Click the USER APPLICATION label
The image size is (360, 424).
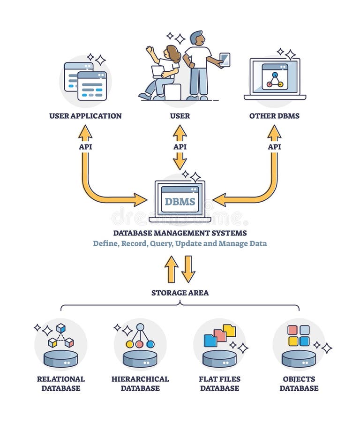click(x=85, y=116)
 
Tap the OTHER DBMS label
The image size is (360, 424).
click(x=274, y=116)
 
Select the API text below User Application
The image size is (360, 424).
click(x=85, y=147)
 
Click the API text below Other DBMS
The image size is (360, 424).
click(x=274, y=147)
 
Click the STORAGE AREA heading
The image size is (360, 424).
click(x=180, y=293)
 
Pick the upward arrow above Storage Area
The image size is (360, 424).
click(x=172, y=269)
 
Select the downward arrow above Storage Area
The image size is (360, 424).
click(x=188, y=269)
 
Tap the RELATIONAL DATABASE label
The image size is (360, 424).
click(x=60, y=383)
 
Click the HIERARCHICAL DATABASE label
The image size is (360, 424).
click(x=140, y=383)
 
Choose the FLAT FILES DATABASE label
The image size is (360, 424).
click(x=219, y=383)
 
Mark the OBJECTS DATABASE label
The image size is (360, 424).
click(x=299, y=383)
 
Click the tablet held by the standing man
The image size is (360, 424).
click(x=225, y=59)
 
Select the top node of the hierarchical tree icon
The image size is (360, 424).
click(x=140, y=327)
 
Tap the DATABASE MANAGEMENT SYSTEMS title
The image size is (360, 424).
click(x=180, y=233)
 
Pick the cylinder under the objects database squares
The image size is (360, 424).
click(x=299, y=359)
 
